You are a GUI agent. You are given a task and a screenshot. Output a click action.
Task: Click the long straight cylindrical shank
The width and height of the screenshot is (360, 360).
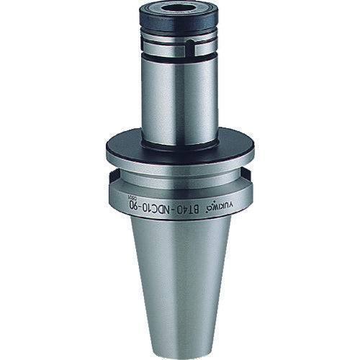click(x=179, y=101)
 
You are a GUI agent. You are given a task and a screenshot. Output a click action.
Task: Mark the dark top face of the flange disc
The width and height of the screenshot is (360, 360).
click(x=179, y=147)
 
